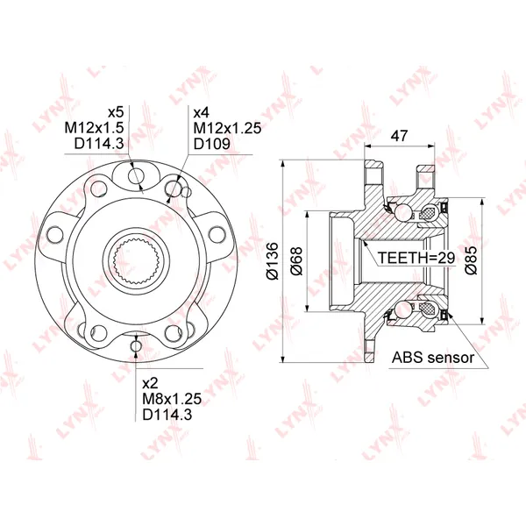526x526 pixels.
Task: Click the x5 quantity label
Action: coord(116,112)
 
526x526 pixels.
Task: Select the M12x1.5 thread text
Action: coord(95,128)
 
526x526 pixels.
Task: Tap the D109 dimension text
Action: coord(212,144)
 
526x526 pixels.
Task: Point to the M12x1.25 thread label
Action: coord(227,128)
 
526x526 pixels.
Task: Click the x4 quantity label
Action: coord(202,112)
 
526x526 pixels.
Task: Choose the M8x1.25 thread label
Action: coord(172,399)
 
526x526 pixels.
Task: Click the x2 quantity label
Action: coord(150,383)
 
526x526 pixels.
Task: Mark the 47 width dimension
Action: coord(399,136)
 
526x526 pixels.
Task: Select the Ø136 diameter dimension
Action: coord(272,261)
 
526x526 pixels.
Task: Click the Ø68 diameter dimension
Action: coord(296,261)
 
